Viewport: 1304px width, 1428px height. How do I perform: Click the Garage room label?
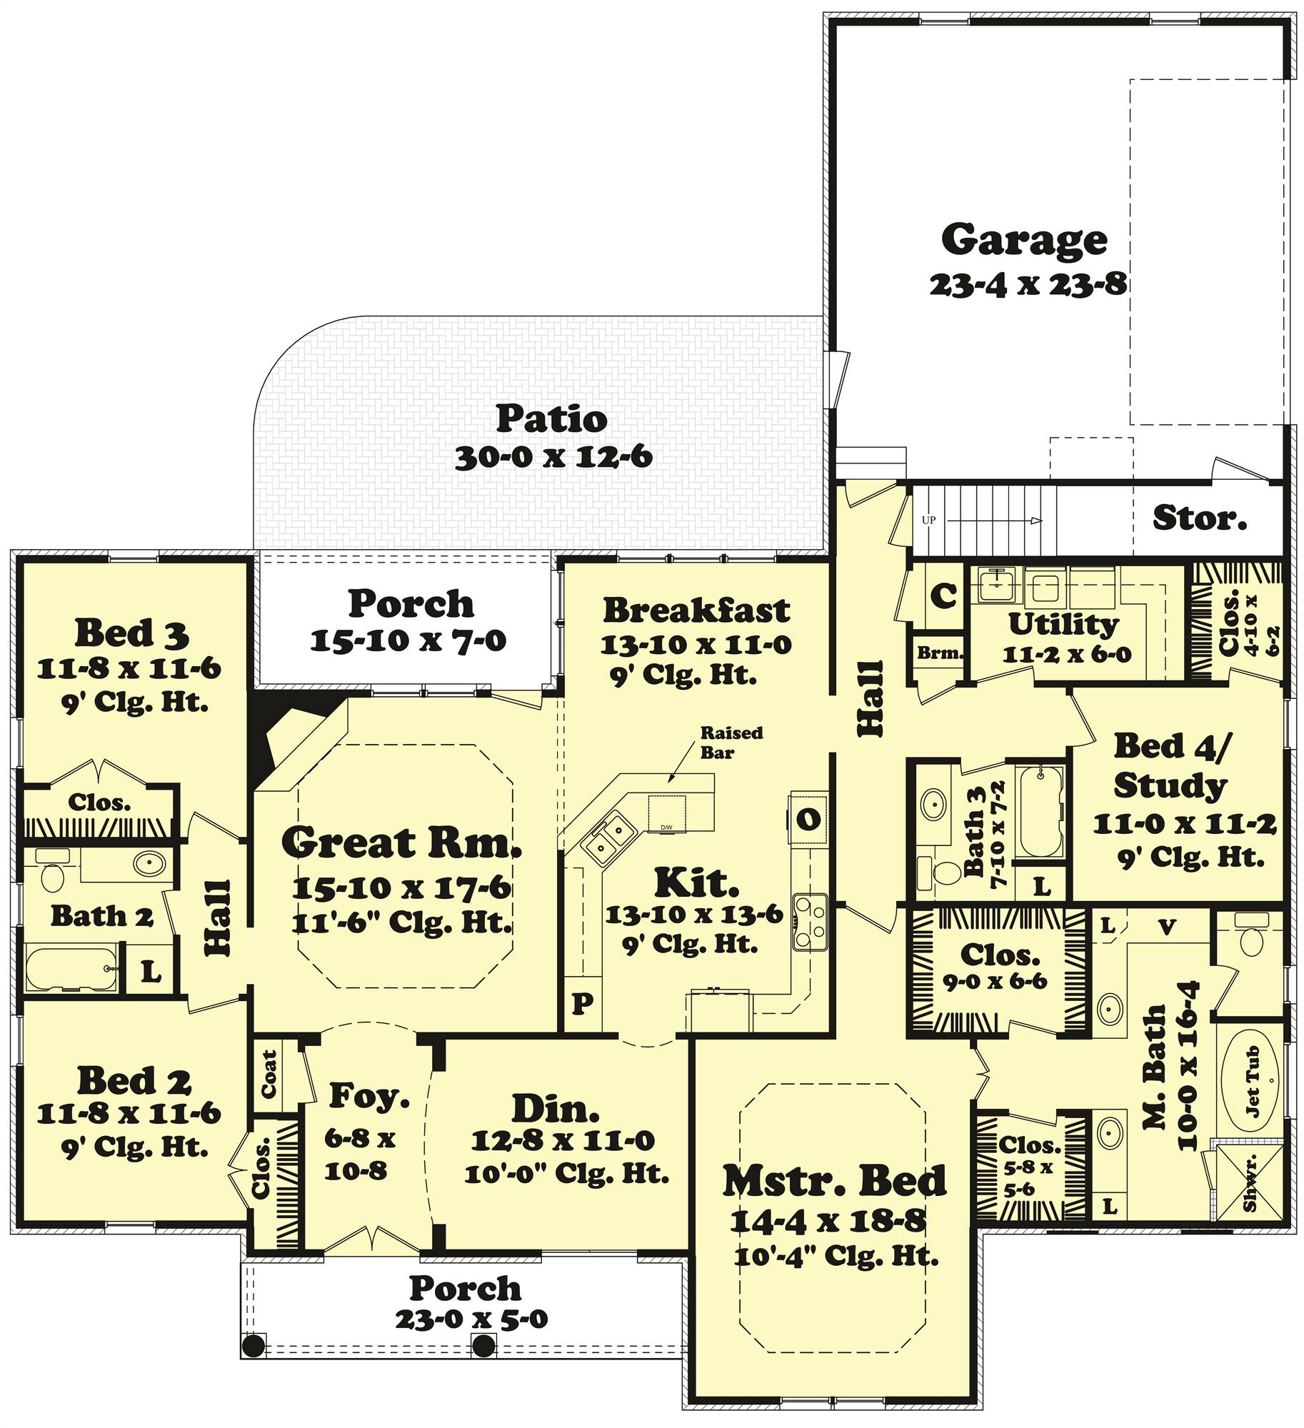(x=1023, y=241)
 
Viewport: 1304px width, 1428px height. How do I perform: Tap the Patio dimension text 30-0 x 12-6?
(x=553, y=457)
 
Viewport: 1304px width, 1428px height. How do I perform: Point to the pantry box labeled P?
(x=582, y=1004)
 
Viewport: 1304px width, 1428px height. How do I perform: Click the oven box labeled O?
(x=808, y=819)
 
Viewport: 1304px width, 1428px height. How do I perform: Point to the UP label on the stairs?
(x=928, y=521)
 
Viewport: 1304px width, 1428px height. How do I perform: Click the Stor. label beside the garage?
(x=1199, y=518)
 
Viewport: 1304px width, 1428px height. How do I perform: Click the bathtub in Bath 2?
(x=71, y=967)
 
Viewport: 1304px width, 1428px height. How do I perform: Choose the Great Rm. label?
(x=401, y=843)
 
